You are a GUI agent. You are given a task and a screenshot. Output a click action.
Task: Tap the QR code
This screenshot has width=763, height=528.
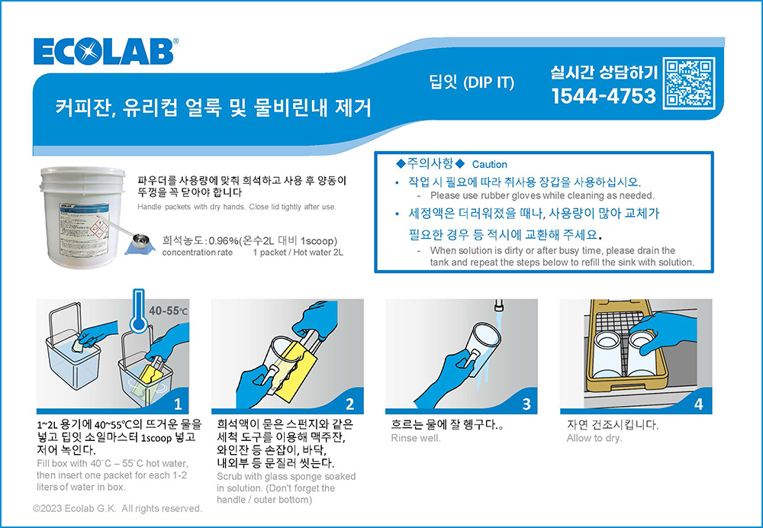690,83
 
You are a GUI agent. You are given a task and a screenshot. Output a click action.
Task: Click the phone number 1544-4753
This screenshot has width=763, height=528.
604,96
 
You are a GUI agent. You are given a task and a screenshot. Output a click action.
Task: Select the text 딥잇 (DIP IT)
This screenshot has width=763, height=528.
471,82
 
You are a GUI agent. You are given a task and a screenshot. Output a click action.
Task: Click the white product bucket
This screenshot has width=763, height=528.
82,217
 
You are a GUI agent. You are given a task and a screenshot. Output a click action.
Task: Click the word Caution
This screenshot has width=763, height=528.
489,165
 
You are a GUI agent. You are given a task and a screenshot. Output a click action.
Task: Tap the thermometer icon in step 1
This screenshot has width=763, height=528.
139,311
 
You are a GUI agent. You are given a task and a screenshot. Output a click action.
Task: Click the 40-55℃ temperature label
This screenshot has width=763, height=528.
168,311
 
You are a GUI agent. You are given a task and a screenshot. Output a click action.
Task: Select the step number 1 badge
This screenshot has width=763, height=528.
178,404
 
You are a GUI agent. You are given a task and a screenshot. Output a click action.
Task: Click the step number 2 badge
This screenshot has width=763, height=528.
350,404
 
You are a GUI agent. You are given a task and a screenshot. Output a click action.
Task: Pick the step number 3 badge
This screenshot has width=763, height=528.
526,404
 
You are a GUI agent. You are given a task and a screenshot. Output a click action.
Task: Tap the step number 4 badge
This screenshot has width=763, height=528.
698,404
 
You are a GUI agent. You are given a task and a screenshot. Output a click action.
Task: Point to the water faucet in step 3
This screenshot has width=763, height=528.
498,305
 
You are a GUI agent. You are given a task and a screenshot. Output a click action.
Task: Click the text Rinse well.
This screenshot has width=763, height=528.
416,438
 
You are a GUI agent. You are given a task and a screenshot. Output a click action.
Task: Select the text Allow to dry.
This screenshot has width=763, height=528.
594,438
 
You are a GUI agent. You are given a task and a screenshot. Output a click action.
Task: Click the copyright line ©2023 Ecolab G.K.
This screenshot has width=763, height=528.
118,508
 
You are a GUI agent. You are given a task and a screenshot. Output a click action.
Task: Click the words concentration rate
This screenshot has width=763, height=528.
197,253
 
